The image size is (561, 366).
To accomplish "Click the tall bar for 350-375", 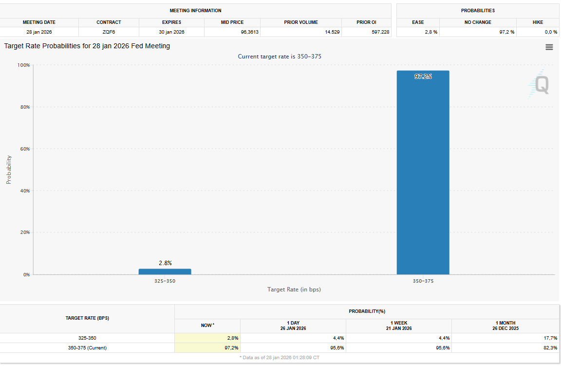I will tap(423, 173).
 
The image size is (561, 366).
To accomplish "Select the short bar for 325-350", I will tap(165, 271).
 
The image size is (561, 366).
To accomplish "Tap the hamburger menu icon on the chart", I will tap(549, 47).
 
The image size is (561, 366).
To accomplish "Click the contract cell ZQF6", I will tap(109, 32).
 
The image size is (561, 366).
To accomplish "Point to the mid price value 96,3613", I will tap(232, 32).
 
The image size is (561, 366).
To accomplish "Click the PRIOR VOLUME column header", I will tap(300, 22).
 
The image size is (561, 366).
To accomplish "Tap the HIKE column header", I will tap(538, 22).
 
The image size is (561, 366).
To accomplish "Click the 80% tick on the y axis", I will tap(24, 107).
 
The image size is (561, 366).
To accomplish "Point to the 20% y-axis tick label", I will tap(24, 232).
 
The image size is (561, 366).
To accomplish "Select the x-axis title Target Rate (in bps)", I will tap(294, 289).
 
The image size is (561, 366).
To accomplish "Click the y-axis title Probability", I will tap(9, 170).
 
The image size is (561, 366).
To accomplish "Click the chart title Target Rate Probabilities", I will tap(87, 46).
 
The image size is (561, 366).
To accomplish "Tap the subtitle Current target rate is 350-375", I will tap(279, 57).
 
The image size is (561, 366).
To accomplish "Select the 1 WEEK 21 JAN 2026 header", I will tap(398, 326).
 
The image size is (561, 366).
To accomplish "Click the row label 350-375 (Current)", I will tap(87, 347).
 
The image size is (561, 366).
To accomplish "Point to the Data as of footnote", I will tap(280, 357).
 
